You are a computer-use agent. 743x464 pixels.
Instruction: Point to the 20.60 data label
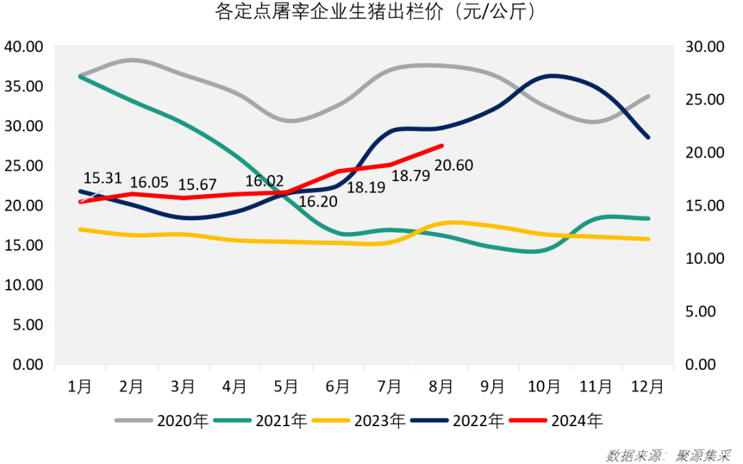(454, 166)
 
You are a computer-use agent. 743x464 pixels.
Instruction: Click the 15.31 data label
(103, 178)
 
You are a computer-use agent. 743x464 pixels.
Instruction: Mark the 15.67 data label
(197, 185)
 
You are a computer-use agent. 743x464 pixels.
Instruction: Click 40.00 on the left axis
(24, 47)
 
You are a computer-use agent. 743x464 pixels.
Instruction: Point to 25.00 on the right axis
(705, 100)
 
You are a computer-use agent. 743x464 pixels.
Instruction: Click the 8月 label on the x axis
(441, 387)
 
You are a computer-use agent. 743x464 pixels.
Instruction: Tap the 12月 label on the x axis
(647, 387)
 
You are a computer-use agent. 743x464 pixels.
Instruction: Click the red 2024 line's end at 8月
(442, 145)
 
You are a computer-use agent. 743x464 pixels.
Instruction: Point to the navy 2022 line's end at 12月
(647, 138)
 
